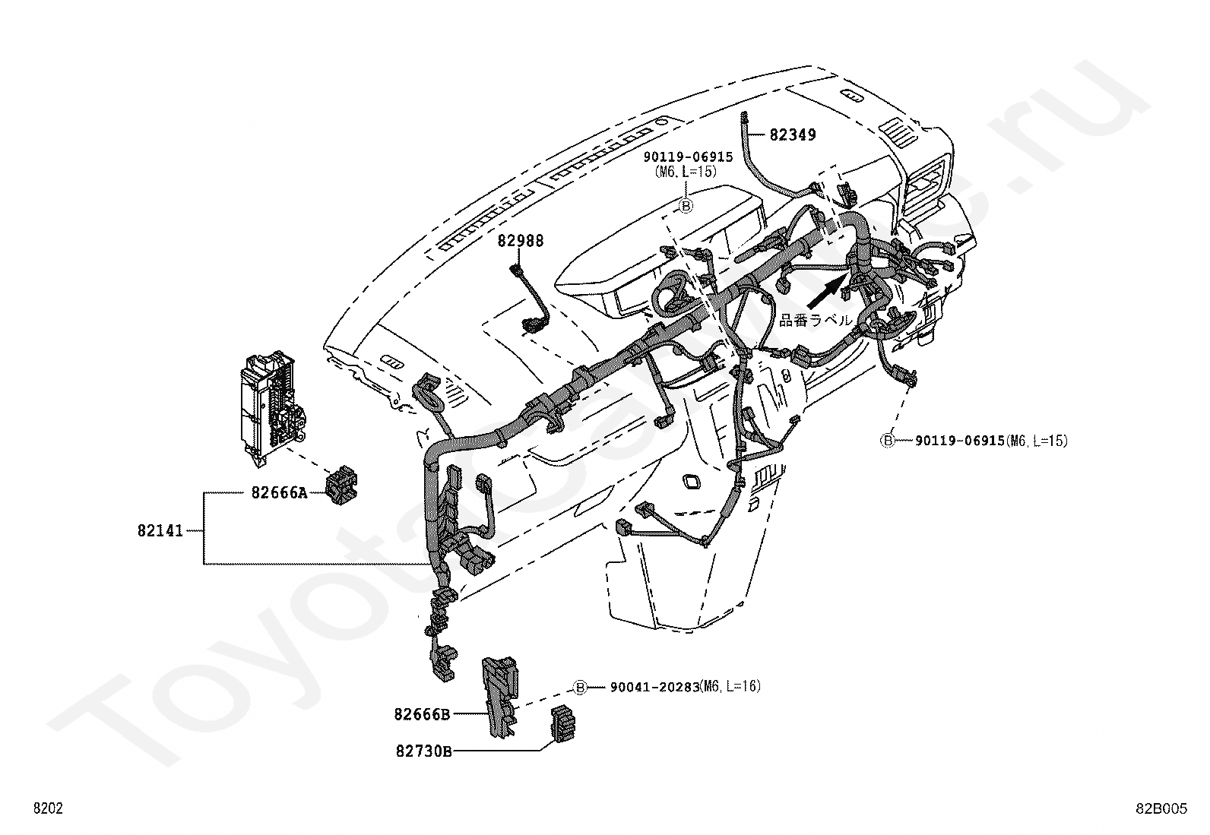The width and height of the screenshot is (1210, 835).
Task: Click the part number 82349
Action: point(793,134)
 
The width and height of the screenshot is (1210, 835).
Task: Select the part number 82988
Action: point(520,240)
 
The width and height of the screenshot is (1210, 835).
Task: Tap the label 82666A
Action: point(279,492)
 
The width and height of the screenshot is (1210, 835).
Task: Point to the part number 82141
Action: point(160,531)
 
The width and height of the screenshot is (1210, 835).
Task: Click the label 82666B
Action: point(422,714)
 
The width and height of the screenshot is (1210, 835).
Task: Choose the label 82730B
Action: point(423,751)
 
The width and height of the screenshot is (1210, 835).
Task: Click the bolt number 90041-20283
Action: point(654,687)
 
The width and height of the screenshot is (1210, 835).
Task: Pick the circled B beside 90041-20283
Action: point(580,687)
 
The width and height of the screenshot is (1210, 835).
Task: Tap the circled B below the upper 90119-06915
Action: point(686,206)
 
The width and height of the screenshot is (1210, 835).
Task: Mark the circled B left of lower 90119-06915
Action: point(888,441)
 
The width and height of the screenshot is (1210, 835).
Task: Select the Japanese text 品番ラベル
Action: point(815,321)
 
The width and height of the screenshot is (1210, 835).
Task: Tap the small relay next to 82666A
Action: point(341,485)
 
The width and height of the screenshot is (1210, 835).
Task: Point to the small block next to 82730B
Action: point(563,723)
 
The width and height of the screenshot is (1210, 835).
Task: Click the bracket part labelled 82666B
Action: point(500,697)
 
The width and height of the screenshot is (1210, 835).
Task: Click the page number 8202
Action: point(48,808)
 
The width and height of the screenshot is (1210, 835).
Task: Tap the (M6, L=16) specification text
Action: point(730,687)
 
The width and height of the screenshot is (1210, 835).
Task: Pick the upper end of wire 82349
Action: point(743,114)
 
